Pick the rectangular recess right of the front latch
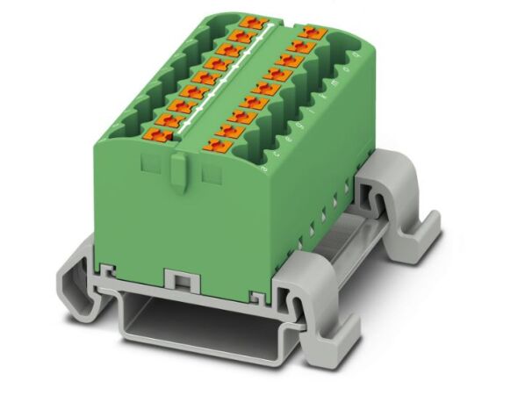[211, 175]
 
